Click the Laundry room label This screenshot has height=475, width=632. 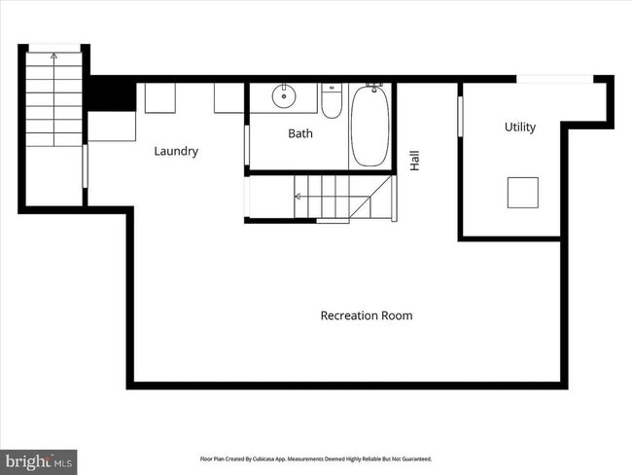point(176,151)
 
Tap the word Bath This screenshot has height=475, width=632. point(300,133)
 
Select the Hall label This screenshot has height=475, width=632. point(415,160)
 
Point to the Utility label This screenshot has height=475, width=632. point(519,127)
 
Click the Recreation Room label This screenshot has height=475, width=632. point(367,315)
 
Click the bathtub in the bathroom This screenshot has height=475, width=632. point(369,127)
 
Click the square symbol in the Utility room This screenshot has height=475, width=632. point(522,193)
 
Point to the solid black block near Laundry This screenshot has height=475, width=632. point(112,93)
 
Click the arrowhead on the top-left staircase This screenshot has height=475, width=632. point(53,56)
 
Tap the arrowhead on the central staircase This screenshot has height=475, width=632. point(298,197)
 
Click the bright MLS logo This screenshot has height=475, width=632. point(39,458)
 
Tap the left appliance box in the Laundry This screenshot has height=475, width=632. point(158,98)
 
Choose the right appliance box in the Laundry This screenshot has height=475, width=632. point(228,98)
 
